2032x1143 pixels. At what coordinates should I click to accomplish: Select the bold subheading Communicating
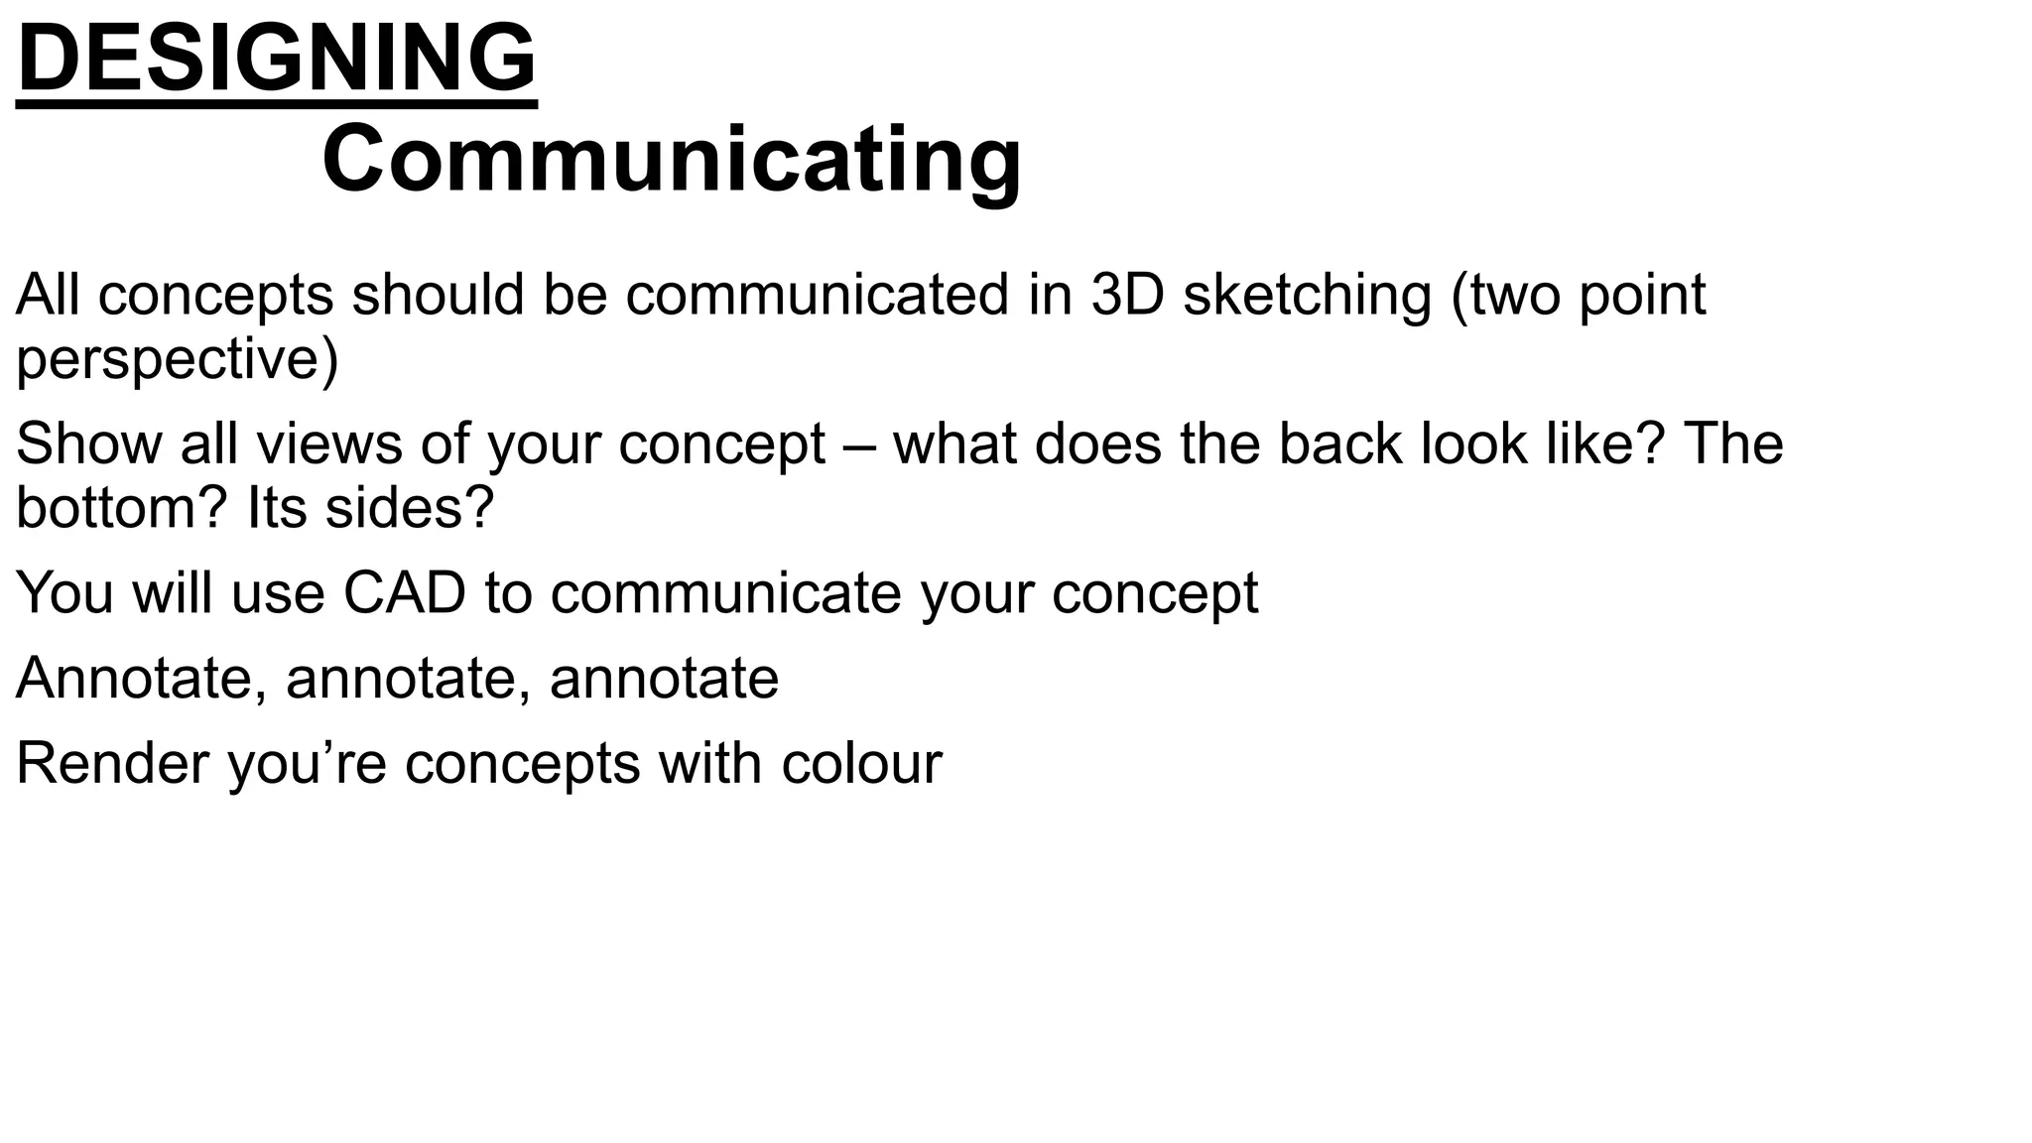click(x=672, y=161)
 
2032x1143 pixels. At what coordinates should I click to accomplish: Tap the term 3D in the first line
click(x=1127, y=295)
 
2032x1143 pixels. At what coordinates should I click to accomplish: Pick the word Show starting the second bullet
click(x=88, y=444)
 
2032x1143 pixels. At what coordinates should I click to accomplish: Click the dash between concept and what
click(x=859, y=445)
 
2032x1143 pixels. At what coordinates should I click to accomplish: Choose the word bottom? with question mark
click(x=122, y=508)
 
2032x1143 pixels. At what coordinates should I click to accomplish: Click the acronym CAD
click(x=405, y=593)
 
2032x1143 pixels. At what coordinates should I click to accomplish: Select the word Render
click(x=112, y=764)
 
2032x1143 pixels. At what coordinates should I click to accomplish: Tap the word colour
click(x=861, y=764)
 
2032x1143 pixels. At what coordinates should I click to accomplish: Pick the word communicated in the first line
click(x=817, y=295)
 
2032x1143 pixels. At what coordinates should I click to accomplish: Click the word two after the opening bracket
click(x=1514, y=297)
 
